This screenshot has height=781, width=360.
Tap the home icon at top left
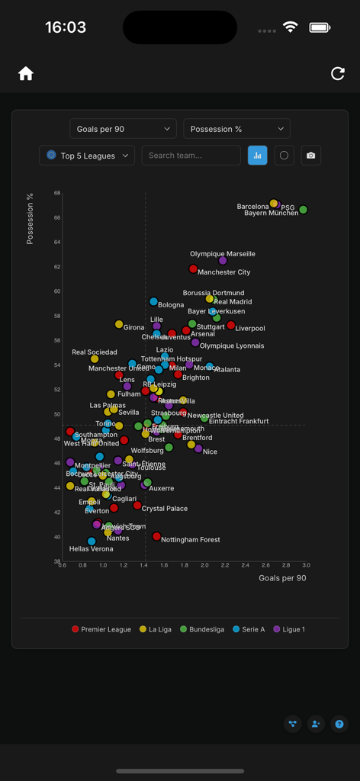(x=26, y=73)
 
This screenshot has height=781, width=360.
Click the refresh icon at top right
(x=338, y=73)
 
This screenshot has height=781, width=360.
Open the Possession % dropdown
(x=236, y=129)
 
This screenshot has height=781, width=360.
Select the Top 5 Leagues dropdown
(x=87, y=156)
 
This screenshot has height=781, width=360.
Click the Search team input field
(x=191, y=156)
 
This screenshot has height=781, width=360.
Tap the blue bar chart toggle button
(x=257, y=156)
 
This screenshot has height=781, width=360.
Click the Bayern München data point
(x=303, y=210)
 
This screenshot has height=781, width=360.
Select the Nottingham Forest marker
(x=156, y=537)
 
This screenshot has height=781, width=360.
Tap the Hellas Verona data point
(x=92, y=542)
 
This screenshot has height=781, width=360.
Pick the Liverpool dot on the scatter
(x=231, y=326)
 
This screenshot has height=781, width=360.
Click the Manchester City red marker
(x=193, y=269)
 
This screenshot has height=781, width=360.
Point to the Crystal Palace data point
(x=137, y=506)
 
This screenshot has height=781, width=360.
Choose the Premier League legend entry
(x=101, y=629)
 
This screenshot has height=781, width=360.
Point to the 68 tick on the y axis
(x=56, y=193)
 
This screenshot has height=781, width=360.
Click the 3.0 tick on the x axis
(x=305, y=566)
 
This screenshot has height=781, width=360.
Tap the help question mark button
(x=339, y=724)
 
